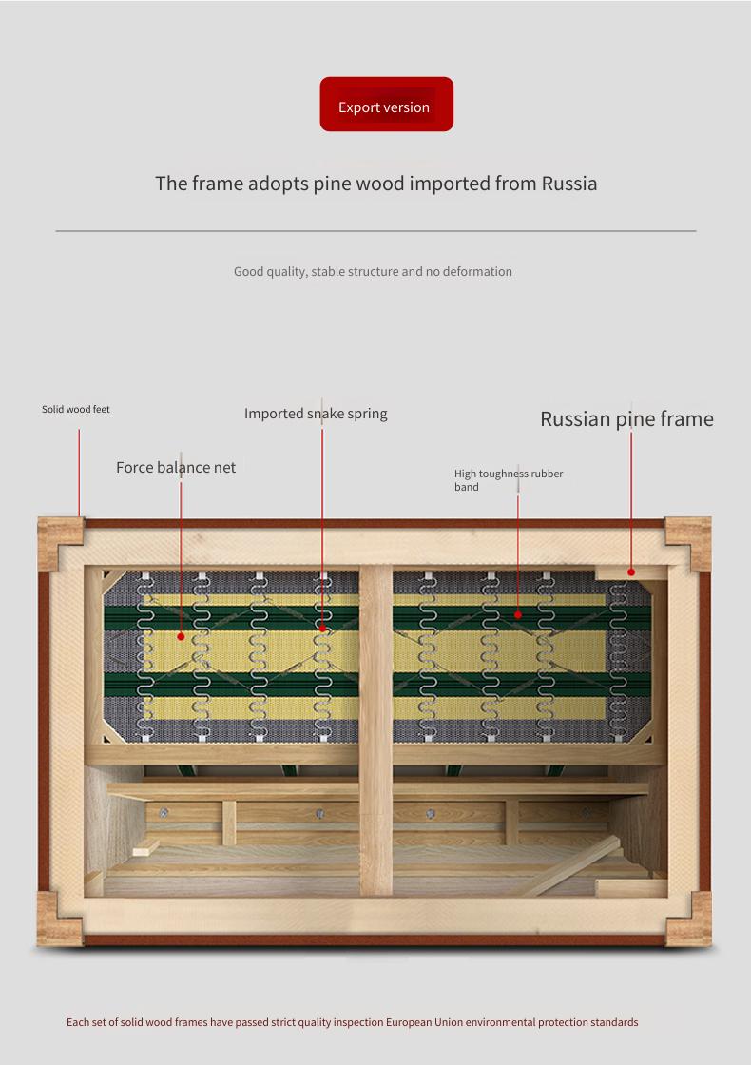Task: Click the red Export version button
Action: [386, 104]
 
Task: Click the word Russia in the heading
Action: [569, 184]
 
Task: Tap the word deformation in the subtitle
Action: [477, 271]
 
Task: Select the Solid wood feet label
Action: [75, 409]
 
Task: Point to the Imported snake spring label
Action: [316, 414]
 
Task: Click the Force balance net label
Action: [176, 467]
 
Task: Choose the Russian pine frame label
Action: [626, 419]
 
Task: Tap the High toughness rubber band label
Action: [509, 480]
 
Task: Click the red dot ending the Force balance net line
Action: [181, 636]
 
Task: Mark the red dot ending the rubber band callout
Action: [517, 614]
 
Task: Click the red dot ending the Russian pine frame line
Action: [631, 571]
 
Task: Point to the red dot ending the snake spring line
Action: [322, 629]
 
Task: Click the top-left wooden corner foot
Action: [60, 543]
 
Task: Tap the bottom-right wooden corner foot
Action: [689, 920]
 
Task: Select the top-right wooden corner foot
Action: [688, 543]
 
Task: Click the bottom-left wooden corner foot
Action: [60, 920]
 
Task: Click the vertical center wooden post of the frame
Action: [375, 730]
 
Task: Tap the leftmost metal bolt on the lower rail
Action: [164, 813]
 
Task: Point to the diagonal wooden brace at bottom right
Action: [571, 866]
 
